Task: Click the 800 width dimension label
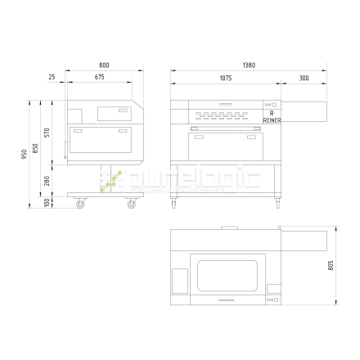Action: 103,65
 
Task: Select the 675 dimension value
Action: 99,78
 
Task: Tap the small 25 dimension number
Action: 53,78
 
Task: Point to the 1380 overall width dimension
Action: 247,65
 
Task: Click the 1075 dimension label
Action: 225,78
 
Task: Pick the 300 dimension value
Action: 304,78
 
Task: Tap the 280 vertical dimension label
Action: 48,179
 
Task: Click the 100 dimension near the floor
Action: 48,201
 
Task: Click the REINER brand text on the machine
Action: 272,119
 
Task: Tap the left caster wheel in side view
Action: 80,203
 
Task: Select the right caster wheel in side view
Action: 131,203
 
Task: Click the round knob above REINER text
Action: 274,105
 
